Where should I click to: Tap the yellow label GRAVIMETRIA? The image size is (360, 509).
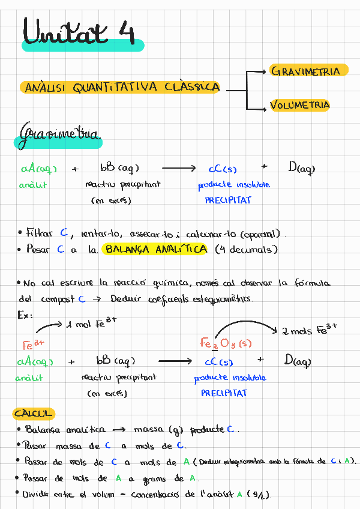pyautogui.click(x=306, y=71)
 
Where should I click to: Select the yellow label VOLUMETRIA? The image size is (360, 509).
pyautogui.click(x=300, y=105)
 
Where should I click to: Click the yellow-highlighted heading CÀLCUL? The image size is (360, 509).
pyautogui.click(x=34, y=414)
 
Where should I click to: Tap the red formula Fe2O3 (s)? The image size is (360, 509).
pyautogui.click(x=226, y=343)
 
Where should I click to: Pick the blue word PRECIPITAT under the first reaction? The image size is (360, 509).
pyautogui.click(x=228, y=200)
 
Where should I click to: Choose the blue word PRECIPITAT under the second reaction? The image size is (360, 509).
pyautogui.click(x=224, y=393)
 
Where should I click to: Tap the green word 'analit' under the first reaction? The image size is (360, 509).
pyautogui.click(x=32, y=185)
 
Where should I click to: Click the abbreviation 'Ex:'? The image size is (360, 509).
pyautogui.click(x=26, y=315)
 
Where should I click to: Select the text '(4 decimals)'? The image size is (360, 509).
pyautogui.click(x=247, y=250)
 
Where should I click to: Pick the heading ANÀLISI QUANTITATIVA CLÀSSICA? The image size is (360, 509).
pyautogui.click(x=120, y=88)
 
